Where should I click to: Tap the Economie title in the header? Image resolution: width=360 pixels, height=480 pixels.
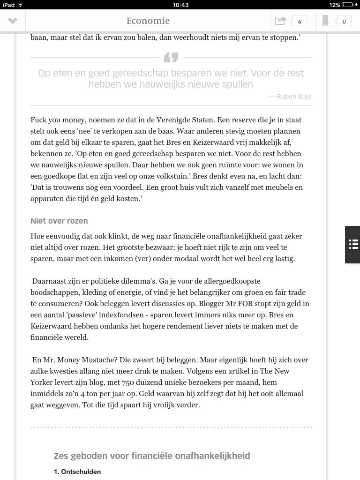click(148, 21)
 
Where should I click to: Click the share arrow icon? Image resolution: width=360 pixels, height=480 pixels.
click(280, 21)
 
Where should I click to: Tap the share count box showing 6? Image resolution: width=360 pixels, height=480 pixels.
click(299, 21)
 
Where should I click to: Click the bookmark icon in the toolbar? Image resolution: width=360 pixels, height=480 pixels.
click(325, 21)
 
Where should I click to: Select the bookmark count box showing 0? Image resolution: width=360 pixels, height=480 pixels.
click(344, 21)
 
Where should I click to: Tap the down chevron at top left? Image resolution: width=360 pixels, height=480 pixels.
click(13, 21)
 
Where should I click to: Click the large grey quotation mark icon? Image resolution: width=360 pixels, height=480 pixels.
click(171, 58)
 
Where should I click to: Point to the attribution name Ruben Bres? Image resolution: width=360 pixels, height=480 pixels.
click(293, 97)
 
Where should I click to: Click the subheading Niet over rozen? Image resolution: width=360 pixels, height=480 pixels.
click(59, 221)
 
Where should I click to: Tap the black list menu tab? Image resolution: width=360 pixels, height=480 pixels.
click(353, 244)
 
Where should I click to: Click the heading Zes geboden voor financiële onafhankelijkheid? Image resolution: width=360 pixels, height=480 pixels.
click(152, 456)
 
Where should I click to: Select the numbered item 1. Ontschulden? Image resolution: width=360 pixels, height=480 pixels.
click(77, 472)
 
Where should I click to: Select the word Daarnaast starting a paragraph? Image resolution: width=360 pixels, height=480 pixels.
click(51, 281)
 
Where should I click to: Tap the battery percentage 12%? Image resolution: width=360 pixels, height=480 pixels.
click(334, 5)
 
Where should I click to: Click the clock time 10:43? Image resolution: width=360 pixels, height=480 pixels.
click(180, 5)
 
